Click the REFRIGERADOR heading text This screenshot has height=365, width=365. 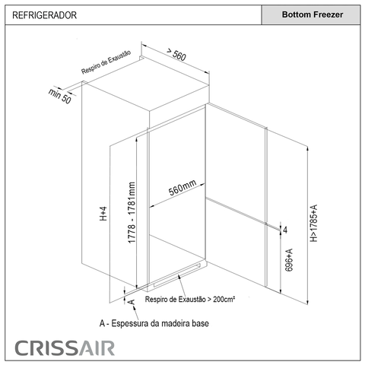click(x=44, y=15)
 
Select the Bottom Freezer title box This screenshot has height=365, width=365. click(x=311, y=14)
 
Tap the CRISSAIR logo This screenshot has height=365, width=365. click(x=65, y=348)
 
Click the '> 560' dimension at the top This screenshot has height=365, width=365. click(x=176, y=54)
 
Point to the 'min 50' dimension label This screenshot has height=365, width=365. click(x=60, y=96)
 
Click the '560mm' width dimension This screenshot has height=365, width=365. click(x=182, y=187)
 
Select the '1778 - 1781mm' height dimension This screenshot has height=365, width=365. click(x=132, y=212)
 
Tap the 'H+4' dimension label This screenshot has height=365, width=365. click(x=103, y=214)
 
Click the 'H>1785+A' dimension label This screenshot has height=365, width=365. click(x=314, y=223)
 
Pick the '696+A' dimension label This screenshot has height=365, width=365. click(x=289, y=260)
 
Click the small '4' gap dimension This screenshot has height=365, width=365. click(x=285, y=230)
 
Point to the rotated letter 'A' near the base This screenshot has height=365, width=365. click(x=132, y=302)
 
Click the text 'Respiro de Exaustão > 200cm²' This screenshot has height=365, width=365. click(x=190, y=299)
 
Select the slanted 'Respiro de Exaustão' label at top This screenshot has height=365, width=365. click(x=106, y=62)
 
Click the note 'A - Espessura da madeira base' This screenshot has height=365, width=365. click(x=154, y=323)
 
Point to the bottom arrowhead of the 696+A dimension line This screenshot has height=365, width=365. click(x=281, y=291)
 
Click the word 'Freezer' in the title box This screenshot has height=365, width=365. click(x=328, y=14)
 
